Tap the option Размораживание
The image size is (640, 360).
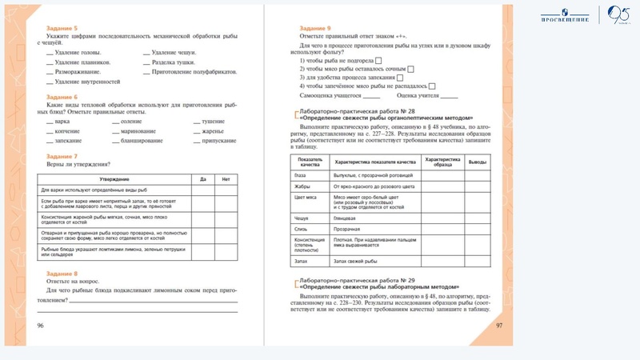tap(78, 71)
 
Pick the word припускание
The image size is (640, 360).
tap(220, 140)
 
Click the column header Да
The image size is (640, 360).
tap(202, 179)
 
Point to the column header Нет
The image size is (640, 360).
tap(226, 179)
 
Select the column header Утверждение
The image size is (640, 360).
tap(110, 179)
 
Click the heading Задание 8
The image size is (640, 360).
tap(62, 274)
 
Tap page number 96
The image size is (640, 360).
tap(40, 326)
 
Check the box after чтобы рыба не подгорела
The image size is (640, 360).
tap(378, 61)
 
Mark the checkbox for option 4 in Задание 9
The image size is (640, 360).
tap(431, 86)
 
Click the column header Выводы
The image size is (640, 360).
tap(477, 162)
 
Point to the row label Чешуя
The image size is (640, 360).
tap(302, 217)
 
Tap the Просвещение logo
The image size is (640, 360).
tap(565, 14)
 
